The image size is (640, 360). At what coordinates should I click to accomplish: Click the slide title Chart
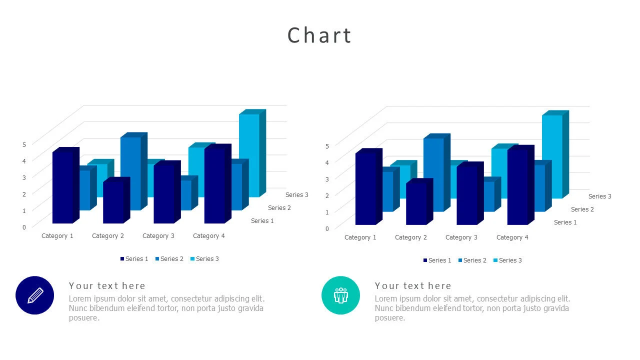point(319,35)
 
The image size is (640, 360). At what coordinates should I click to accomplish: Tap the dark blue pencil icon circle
point(34,295)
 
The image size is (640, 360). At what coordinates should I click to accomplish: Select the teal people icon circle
point(340,295)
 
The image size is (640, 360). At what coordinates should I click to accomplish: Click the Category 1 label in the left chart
point(57,235)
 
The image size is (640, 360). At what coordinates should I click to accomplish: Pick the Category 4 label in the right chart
point(512,237)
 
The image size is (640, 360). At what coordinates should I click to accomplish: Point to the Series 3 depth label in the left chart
point(297,194)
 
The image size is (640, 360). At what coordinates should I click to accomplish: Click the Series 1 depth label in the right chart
point(565,222)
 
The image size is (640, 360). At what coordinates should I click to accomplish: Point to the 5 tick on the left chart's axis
point(24,144)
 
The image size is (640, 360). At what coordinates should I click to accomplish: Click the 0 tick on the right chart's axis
point(327,228)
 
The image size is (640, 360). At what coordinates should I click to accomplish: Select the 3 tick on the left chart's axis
point(24,177)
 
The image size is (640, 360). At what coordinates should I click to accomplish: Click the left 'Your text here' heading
point(107,285)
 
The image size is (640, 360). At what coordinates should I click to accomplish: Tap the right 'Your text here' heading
point(413,285)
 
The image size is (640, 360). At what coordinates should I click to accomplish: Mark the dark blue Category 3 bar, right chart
point(466,195)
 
